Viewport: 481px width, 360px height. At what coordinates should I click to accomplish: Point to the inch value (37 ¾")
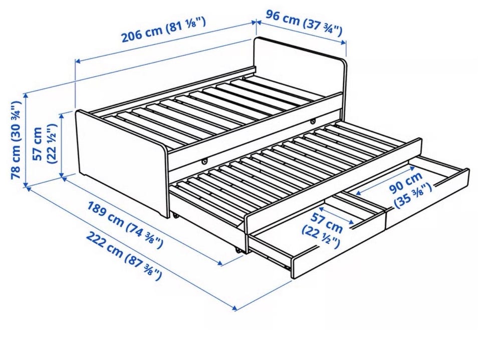pos(322,27)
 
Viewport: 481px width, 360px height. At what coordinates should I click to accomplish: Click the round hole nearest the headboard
pos(313,122)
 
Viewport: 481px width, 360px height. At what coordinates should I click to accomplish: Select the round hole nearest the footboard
pos(204,161)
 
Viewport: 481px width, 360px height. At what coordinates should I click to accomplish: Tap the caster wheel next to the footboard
pos(176,216)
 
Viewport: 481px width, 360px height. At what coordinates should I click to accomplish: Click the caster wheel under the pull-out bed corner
pos(238,250)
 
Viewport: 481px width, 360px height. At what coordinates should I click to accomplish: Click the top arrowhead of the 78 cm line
pos(26,95)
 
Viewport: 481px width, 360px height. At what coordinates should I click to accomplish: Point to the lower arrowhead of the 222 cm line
pos(235,307)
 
